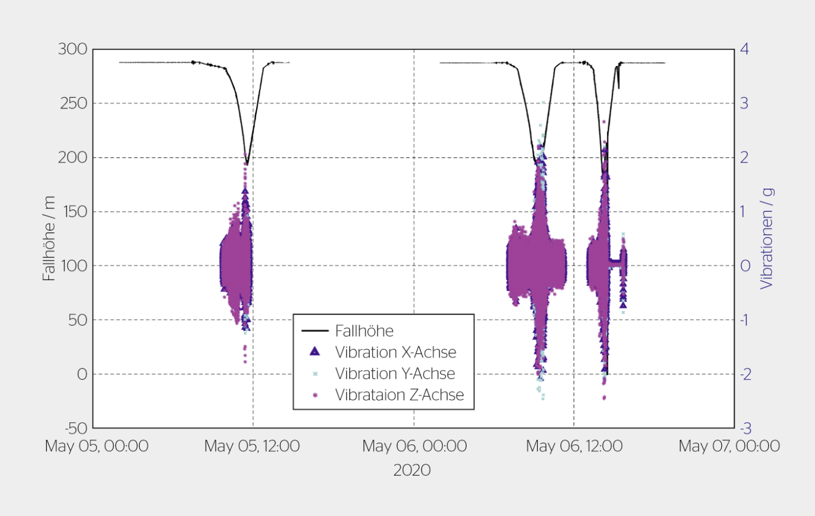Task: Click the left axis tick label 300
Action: pos(72,50)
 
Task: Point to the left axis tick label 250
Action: pos(73,104)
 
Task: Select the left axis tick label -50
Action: pos(75,429)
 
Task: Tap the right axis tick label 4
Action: pos(744,50)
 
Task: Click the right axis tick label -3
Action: pos(745,429)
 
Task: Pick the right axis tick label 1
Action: pos(744,212)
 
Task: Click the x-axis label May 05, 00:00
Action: pos(97,447)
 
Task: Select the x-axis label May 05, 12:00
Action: pos(252,447)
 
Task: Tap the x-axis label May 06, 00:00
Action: pos(414,447)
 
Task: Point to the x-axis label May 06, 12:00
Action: pos(574,447)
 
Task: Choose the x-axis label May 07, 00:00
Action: pos(729,447)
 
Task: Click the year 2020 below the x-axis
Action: pos(412,471)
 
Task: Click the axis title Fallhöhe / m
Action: pos(49,239)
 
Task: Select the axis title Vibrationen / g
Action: pos(767,239)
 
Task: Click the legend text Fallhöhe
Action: pos(364,331)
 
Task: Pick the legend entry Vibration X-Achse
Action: pos(395,352)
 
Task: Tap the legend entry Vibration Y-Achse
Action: pos(395,374)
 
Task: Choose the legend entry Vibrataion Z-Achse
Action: pos(399,395)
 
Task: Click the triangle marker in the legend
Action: pos(315,352)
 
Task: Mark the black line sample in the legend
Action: pos(315,331)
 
